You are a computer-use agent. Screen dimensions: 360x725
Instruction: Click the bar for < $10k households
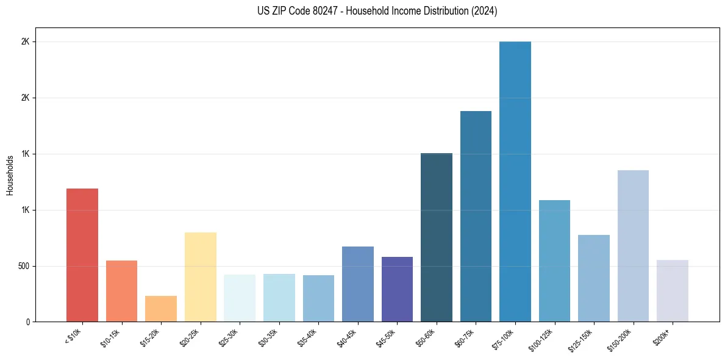[x=82, y=255]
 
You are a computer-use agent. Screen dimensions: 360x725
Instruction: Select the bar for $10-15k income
[x=121, y=291]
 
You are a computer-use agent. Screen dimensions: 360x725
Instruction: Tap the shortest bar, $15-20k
[x=161, y=309]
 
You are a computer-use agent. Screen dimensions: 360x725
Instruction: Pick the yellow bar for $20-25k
[x=200, y=277]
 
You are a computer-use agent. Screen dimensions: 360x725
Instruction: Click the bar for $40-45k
[x=357, y=284]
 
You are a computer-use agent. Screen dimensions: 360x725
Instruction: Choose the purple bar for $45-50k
[x=397, y=289]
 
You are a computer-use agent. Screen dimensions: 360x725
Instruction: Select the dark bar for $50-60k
[x=437, y=237]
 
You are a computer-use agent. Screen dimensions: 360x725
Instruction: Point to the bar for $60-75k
[x=476, y=216]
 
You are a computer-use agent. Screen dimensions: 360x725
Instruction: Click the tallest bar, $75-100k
[x=515, y=181]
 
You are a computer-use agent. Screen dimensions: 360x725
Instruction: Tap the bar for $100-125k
[x=554, y=261]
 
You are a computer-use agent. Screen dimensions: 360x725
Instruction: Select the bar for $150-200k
[x=633, y=246]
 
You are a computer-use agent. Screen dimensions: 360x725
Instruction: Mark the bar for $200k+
[x=672, y=291]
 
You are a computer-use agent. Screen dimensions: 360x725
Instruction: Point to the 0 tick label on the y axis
[x=28, y=322]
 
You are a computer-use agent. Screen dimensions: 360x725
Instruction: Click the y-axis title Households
[x=10, y=175]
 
